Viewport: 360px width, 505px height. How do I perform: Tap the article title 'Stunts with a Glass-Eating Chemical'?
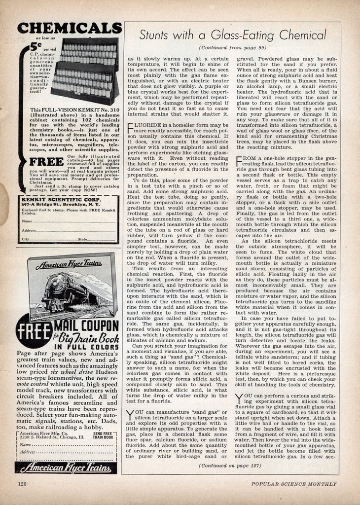click(232, 35)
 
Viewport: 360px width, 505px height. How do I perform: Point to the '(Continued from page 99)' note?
click(232, 47)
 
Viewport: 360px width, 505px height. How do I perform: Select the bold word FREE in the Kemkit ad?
click(46, 161)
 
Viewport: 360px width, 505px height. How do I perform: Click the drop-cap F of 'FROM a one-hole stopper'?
click(239, 161)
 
